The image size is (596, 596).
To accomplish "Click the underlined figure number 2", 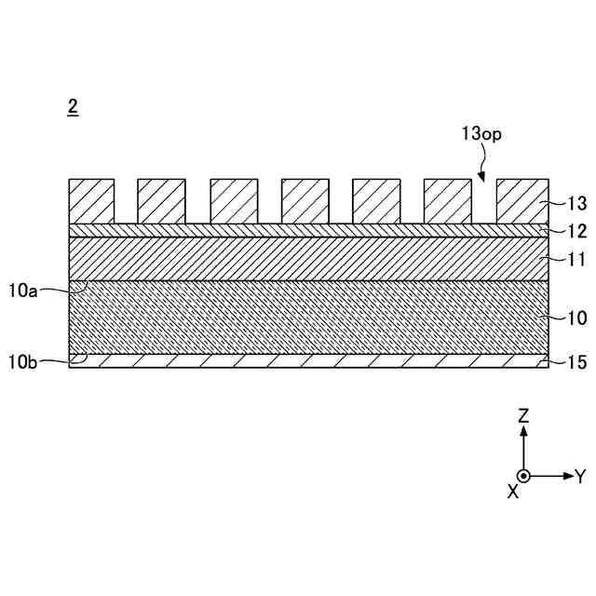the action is pos(73,106).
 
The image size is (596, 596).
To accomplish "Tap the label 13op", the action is pos(482,133).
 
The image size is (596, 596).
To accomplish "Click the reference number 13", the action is pos(576,204).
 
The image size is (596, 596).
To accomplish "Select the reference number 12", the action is pos(576,230).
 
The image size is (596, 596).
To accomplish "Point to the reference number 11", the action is pos(576,259).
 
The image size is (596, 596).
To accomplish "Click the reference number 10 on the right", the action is pos(576,318).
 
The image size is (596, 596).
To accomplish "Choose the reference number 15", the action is pos(576,362).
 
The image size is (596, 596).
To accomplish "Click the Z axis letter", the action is pos(523,416).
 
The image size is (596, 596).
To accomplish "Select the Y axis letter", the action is pos(579,477).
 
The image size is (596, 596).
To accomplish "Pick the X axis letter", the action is pos(512,491).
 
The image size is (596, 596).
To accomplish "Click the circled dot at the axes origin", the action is pos(523,476).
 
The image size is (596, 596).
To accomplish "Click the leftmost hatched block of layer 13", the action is pos(91,201).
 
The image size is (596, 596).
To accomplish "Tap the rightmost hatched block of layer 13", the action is pos(520,201).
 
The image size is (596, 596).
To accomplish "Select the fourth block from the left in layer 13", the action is pos(305,201).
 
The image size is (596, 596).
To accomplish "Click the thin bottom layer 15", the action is pos(307,361).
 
